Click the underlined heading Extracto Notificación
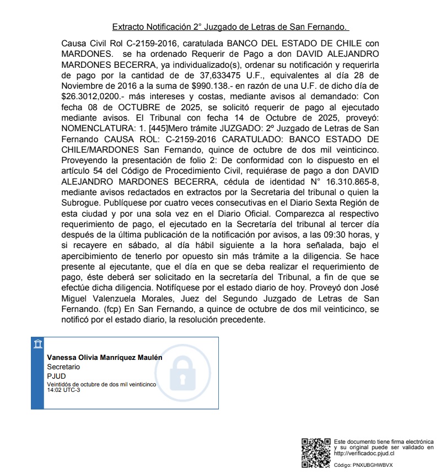coord(230,26)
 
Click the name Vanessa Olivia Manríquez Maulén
coord(105,357)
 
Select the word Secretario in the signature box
coord(63,367)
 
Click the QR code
coord(316,452)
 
